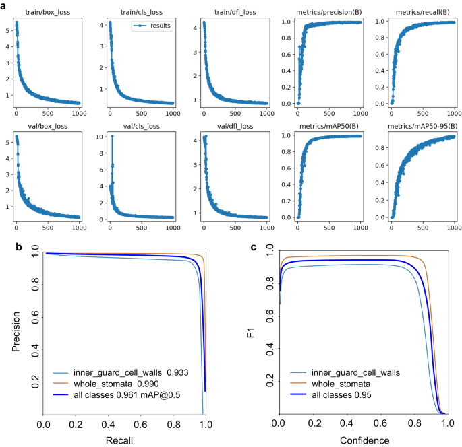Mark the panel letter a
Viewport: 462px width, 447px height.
[x=5, y=5]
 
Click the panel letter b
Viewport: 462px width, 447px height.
[x=20, y=246]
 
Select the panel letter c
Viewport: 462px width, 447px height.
[x=254, y=246]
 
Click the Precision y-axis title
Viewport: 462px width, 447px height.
[x=16, y=333]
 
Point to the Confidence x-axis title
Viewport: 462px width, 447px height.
[x=364, y=440]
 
